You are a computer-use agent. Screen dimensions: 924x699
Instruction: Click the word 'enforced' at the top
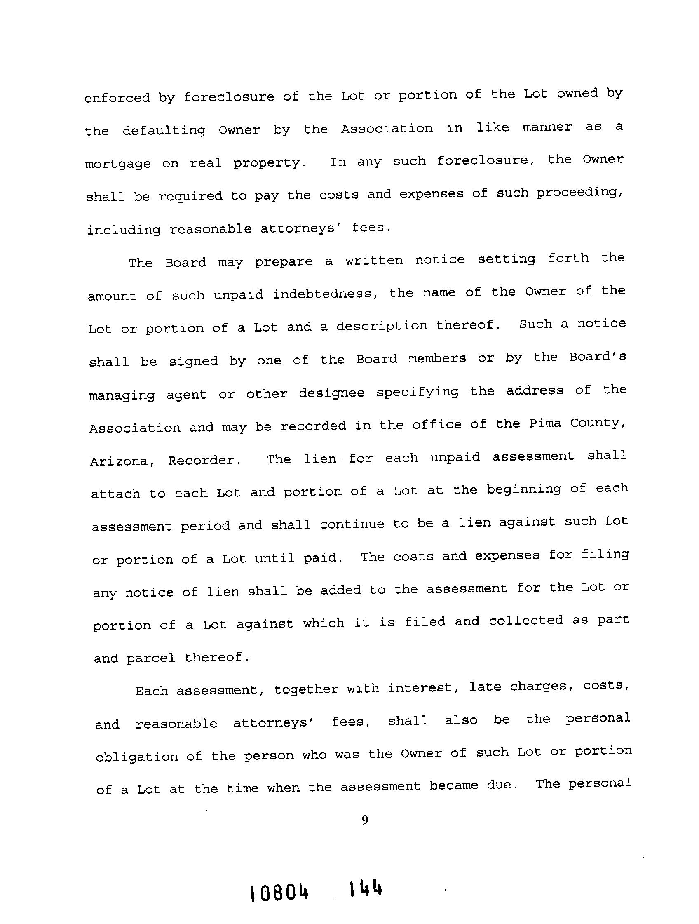[117, 98]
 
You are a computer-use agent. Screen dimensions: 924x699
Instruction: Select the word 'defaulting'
[164, 131]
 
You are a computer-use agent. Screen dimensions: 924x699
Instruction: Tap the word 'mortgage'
[118, 164]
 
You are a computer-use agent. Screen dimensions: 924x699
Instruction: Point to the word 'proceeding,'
[580, 193]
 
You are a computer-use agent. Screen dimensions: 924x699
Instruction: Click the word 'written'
[374, 260]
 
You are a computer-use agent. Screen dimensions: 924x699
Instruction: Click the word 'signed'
[193, 361]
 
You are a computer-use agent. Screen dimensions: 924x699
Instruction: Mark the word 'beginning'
[523, 489]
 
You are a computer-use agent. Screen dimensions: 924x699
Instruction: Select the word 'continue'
[352, 524]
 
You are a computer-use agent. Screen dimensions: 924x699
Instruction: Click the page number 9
[364, 821]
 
